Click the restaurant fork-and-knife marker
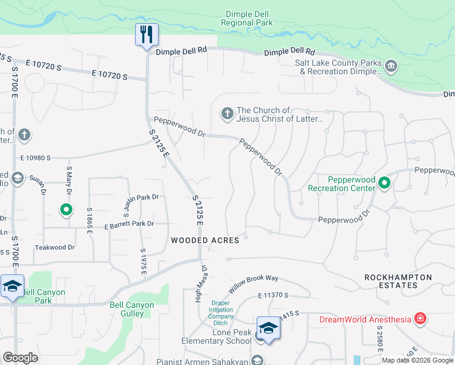pyautogui.click(x=147, y=34)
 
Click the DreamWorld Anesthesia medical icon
pyautogui.click(x=420, y=318)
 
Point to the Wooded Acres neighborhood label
pyautogui.click(x=205, y=240)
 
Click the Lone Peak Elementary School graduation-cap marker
pyautogui.click(x=268, y=328)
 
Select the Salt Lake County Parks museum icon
pyautogui.click(x=391, y=65)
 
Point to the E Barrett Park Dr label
pyautogui.click(x=129, y=224)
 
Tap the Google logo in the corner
pyautogui.click(x=20, y=358)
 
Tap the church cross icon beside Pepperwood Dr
pyautogui.click(x=227, y=113)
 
